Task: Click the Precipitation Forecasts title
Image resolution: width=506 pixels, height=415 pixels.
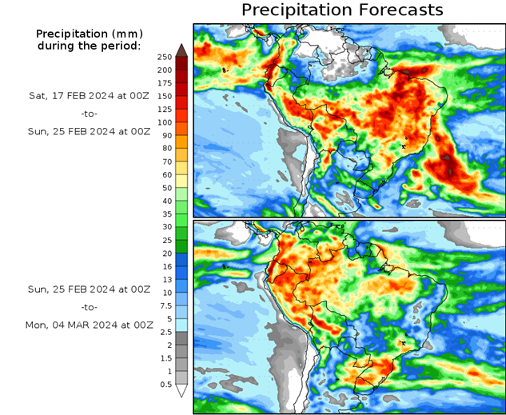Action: pos(341,10)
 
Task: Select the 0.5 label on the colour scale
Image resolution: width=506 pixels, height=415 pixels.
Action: pos(165,385)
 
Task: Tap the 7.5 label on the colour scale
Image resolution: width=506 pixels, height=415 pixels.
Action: pos(165,305)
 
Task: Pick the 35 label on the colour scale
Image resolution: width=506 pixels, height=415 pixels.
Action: pos(165,214)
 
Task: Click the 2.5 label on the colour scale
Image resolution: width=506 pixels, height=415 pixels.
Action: pos(165,332)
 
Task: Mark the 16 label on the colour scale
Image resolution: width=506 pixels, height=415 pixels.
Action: pos(165,266)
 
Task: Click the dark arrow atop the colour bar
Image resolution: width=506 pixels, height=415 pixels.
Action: pos(182,50)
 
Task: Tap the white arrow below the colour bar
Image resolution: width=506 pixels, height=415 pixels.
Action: pos(182,391)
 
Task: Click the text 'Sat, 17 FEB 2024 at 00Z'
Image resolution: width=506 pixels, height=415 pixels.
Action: pos(89,94)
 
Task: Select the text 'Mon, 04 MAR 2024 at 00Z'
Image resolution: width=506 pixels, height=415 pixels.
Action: pos(89,324)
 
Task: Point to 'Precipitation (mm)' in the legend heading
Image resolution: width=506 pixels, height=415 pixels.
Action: pos(89,34)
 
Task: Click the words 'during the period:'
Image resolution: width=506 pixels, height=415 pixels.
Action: pos(89,46)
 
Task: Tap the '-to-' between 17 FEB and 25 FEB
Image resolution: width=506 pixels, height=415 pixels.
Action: pos(89,113)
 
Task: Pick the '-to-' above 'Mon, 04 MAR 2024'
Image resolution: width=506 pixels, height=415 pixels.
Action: pos(89,306)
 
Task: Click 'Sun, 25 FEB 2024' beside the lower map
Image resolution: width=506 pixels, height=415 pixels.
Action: pos(89,288)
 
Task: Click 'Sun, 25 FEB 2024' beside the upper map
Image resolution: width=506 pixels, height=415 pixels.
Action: pos(89,131)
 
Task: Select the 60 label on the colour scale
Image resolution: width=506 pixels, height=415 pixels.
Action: pos(166,175)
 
